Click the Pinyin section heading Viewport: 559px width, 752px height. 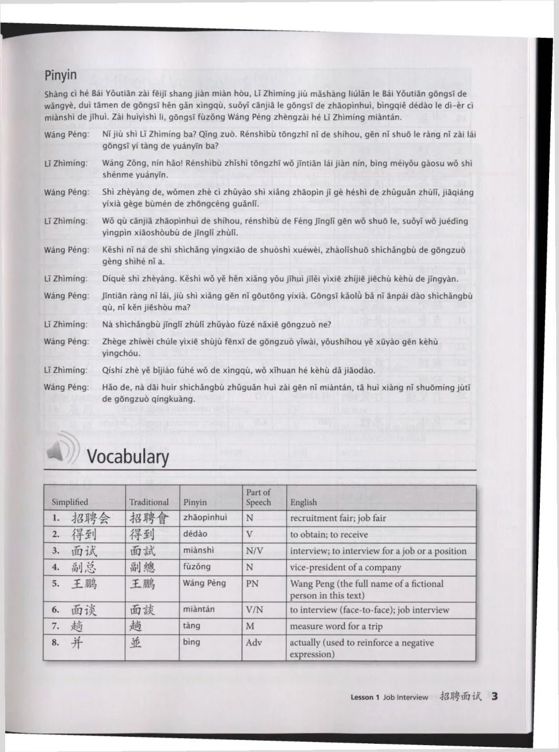coord(61,76)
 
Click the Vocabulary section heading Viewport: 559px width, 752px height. coord(128,456)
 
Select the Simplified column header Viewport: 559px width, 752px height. coord(70,502)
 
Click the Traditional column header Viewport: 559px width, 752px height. coord(149,502)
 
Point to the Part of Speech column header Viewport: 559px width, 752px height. coord(259,497)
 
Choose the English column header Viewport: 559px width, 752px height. coord(303,502)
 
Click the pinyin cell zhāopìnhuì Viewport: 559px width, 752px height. coord(205,517)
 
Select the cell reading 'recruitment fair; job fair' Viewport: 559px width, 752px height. coord(338,518)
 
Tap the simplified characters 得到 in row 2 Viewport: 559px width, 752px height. coord(84,534)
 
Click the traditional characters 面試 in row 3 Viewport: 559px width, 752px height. coord(143,550)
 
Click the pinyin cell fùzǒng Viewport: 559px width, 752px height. coord(197,567)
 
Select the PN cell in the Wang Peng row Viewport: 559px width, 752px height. coord(252,583)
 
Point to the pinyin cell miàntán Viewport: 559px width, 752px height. coord(199,609)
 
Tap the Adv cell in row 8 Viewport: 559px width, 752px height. coord(254,642)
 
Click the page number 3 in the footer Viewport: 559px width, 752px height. coord(494,696)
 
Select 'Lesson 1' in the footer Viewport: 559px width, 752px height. coord(365,697)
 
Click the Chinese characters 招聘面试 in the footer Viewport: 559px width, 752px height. coord(461,696)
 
